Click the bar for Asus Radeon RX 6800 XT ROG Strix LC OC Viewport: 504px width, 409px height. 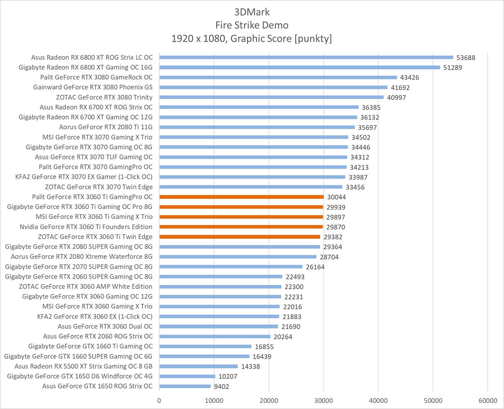(x=306, y=57)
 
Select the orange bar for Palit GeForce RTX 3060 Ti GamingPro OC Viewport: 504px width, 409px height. (x=242, y=197)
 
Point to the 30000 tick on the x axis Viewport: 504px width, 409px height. (x=323, y=400)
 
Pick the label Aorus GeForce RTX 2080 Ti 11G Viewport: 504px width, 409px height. (x=106, y=127)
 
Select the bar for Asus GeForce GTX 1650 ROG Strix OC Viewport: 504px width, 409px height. (x=185, y=386)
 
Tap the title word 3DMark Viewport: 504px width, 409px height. (x=252, y=11)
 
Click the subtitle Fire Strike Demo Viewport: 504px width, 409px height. (x=252, y=25)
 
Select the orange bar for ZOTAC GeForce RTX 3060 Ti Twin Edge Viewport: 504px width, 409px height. (x=240, y=237)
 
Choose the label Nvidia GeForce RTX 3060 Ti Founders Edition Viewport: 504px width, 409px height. (x=86, y=227)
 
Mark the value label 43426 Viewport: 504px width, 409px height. (x=410, y=77)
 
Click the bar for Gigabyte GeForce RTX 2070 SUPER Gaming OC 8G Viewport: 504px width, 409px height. (x=231, y=267)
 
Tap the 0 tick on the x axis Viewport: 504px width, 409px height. (x=159, y=400)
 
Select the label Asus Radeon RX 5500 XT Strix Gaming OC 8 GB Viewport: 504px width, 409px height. (x=84, y=366)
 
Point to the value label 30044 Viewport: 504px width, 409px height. (x=336, y=197)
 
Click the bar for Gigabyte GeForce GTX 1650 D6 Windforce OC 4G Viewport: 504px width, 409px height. (x=187, y=376)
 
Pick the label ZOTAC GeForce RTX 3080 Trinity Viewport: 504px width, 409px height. (x=104, y=97)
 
